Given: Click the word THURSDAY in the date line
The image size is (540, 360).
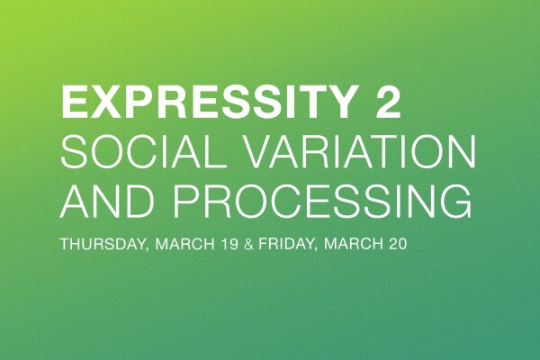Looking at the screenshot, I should pos(97,245).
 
